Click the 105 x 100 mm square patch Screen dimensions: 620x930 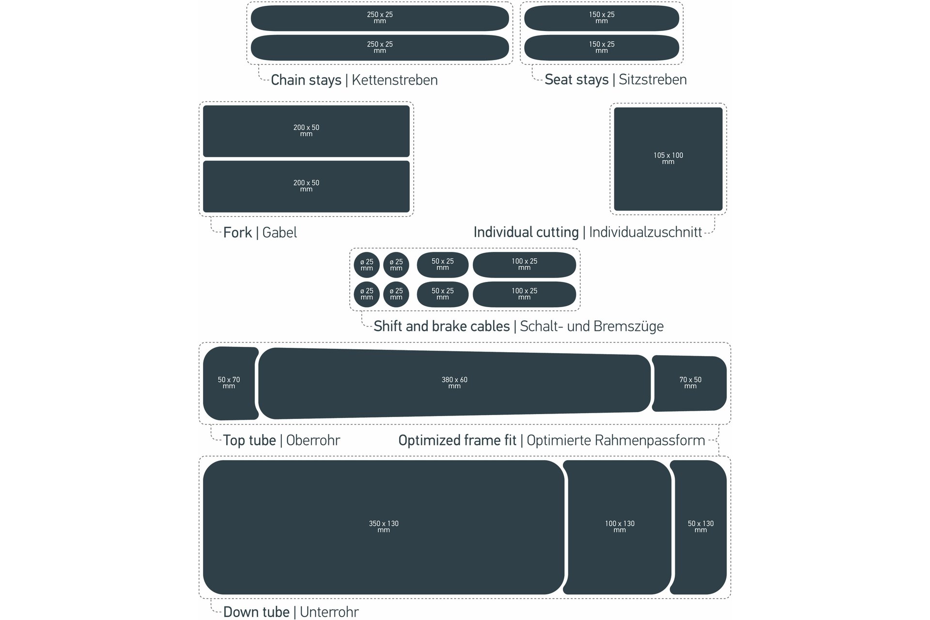click(668, 159)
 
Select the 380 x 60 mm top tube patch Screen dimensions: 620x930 click(454, 383)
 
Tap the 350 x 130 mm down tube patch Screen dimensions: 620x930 click(383, 527)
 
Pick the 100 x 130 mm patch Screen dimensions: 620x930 click(619, 527)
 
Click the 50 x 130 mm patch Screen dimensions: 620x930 click(700, 527)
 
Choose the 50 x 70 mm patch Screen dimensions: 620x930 click(229, 383)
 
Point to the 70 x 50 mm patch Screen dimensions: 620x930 click(690, 383)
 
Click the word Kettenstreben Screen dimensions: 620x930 click(394, 80)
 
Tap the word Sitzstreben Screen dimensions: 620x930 click(652, 79)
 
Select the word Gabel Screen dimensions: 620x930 click(279, 232)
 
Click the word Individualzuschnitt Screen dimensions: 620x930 click(645, 232)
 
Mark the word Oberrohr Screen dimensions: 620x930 click(313, 440)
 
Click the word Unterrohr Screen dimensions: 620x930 click(329, 612)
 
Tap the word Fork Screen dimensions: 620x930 click(237, 232)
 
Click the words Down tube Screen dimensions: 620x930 click(256, 612)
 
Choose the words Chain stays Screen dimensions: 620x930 click(306, 80)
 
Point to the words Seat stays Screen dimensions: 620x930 click(576, 79)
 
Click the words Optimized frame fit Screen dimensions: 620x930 click(457, 440)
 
